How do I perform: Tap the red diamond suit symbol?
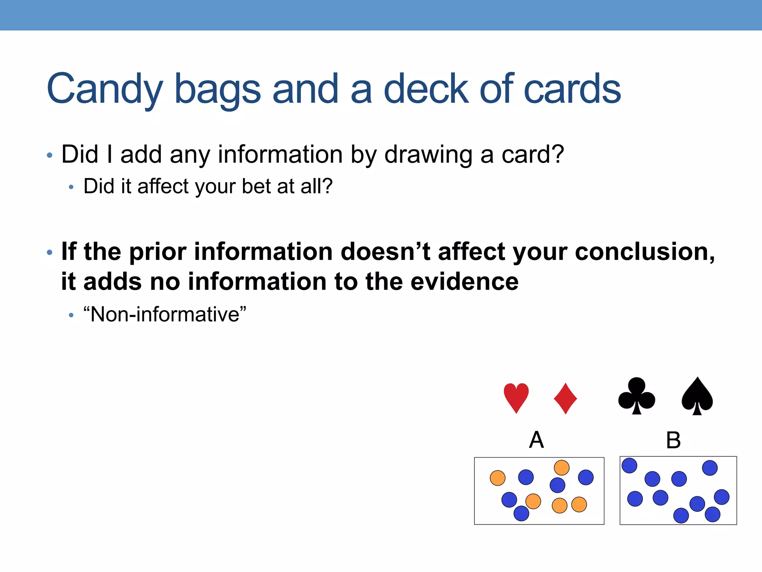click(x=565, y=398)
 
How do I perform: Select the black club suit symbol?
click(x=637, y=396)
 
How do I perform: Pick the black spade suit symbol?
click(x=697, y=396)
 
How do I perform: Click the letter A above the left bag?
click(x=537, y=440)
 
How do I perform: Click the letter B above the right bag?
click(x=673, y=440)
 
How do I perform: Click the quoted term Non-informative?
click(x=165, y=314)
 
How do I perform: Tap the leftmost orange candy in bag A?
click(x=497, y=478)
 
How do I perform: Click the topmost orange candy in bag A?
click(x=561, y=468)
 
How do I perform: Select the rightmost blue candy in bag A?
click(x=586, y=477)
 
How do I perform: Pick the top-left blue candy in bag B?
click(x=629, y=465)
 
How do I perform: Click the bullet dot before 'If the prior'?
click(x=50, y=253)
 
